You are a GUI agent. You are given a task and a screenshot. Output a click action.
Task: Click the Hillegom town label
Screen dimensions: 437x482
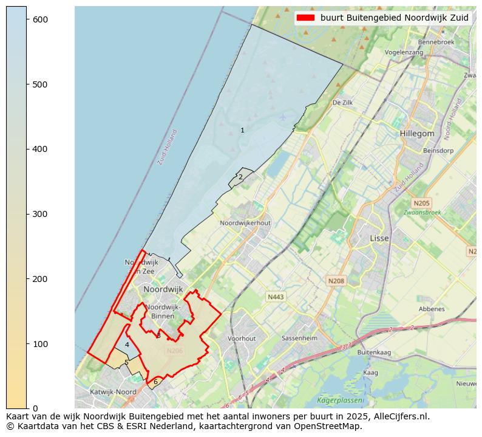click(x=417, y=134)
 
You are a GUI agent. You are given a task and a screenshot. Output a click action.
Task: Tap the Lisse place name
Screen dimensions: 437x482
click(x=379, y=239)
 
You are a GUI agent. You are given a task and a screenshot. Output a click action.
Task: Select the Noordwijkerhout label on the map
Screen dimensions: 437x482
click(x=245, y=223)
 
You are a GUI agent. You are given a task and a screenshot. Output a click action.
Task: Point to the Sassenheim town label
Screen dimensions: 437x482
click(x=300, y=338)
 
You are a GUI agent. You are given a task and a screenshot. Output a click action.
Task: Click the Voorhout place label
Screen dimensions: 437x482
click(x=242, y=339)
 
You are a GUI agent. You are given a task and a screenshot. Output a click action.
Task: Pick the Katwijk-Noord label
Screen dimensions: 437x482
click(x=113, y=392)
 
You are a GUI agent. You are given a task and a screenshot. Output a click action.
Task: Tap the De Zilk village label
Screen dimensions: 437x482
click(x=342, y=103)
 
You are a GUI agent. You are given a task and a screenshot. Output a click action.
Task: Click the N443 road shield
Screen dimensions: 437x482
click(x=276, y=297)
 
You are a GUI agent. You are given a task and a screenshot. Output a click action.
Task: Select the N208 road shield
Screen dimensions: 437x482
click(x=336, y=281)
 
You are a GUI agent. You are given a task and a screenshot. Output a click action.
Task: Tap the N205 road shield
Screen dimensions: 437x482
click(x=421, y=203)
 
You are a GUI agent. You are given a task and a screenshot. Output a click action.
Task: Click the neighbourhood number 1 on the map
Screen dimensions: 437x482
click(x=242, y=131)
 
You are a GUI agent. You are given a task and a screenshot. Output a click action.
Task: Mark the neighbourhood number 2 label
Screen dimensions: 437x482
click(x=240, y=177)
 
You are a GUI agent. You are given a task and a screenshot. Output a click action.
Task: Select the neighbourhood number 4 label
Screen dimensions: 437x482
click(x=127, y=345)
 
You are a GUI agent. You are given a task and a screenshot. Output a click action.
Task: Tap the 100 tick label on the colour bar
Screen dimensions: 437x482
click(x=41, y=344)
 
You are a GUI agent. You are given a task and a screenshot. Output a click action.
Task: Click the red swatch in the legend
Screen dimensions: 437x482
click(x=307, y=18)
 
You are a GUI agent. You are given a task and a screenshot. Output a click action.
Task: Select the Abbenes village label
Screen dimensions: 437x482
click(x=431, y=309)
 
